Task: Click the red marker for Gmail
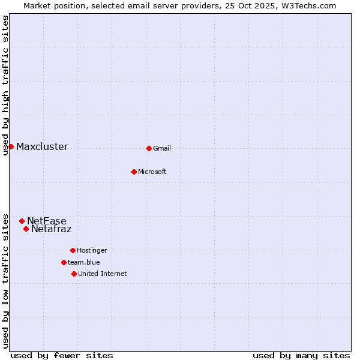point(149,148)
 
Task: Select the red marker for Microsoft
point(134,172)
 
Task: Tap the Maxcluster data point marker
point(11,146)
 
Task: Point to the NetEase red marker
point(22,221)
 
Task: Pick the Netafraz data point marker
point(26,229)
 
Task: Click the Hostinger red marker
point(73,250)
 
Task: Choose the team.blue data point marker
point(64,262)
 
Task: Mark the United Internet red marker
point(74,274)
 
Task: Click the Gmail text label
point(162,149)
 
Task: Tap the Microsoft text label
point(152,172)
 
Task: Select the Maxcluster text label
point(42,147)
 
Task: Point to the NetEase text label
point(47,221)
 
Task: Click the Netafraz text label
point(51,229)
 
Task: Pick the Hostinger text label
point(92,251)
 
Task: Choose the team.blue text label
point(83,263)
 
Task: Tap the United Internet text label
point(102,274)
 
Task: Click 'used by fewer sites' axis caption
point(62,355)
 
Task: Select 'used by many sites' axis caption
point(301,355)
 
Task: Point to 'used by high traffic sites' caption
point(5,85)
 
